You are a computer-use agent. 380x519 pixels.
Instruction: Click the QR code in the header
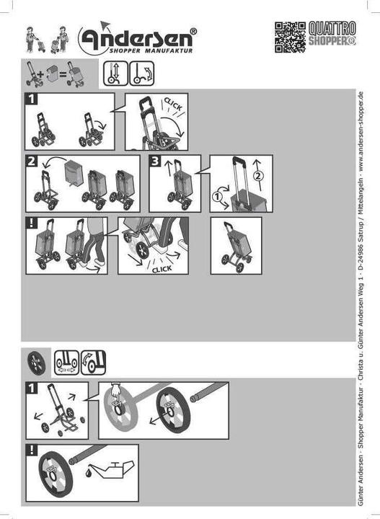290,37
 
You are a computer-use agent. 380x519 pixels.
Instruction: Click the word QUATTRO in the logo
332,28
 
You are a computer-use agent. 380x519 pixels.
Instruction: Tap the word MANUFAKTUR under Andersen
169,51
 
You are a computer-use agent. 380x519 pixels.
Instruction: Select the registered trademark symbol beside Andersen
193,32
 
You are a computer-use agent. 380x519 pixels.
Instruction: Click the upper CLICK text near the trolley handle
173,105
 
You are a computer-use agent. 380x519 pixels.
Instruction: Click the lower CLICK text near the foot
162,269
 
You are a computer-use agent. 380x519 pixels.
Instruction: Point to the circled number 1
217,197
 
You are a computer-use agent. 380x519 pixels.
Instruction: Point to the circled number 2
259,176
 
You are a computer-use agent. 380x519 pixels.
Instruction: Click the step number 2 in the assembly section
32,161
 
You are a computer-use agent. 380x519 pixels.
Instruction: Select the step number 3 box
155,161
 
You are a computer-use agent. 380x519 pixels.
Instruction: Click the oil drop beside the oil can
88,473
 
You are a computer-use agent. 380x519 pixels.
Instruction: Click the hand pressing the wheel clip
115,391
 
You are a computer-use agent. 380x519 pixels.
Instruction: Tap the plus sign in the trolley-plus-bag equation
41,73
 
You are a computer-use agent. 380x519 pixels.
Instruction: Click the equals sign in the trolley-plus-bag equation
63,73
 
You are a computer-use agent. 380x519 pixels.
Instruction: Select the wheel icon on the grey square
36,363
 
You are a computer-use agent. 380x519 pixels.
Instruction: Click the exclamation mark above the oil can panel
32,450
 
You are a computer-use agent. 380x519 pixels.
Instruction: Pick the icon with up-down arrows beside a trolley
115,74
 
